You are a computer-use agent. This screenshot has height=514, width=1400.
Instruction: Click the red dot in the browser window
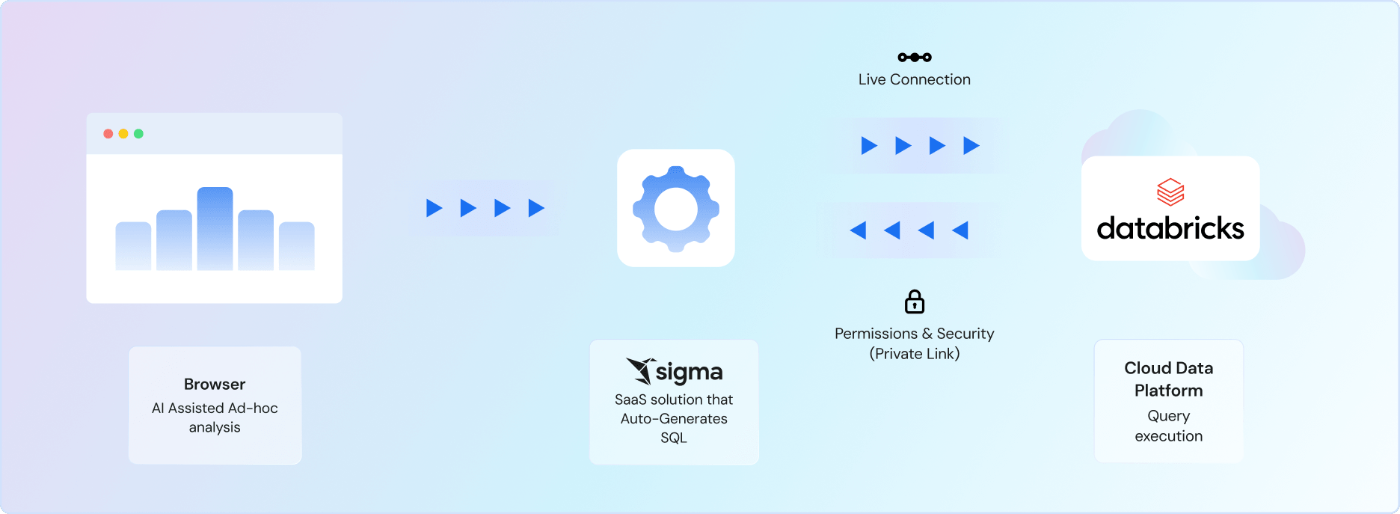(108, 134)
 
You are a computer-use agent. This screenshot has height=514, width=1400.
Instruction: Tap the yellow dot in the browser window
(123, 134)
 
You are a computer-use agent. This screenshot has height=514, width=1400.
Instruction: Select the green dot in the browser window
(138, 134)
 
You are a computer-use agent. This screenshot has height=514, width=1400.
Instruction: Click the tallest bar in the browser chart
(215, 228)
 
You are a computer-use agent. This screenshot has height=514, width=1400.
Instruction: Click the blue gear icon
(676, 208)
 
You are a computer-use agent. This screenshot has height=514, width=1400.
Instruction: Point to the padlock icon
(915, 302)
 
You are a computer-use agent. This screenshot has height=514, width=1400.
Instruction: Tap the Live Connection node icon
(915, 58)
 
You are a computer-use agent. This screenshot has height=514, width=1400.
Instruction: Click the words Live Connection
(915, 79)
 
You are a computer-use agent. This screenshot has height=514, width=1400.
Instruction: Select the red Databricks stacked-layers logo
(1170, 192)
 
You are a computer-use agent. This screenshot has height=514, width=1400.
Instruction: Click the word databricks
(1170, 228)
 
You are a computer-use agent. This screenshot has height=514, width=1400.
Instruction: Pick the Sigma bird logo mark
(640, 370)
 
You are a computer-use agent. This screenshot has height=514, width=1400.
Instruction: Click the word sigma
(689, 372)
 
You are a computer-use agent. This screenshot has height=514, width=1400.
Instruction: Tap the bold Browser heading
(215, 384)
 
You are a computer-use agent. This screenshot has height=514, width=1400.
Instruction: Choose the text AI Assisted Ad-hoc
(215, 408)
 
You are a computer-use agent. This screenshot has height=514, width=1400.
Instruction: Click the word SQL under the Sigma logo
(674, 438)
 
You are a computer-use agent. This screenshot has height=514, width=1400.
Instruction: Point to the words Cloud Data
(1168, 368)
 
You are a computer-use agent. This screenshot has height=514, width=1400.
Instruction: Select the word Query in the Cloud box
(1168, 416)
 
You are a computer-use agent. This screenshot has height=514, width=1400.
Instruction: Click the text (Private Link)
(915, 354)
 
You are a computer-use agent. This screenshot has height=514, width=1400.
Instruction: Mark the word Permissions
(876, 334)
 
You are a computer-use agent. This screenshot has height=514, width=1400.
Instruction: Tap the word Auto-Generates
(674, 418)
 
